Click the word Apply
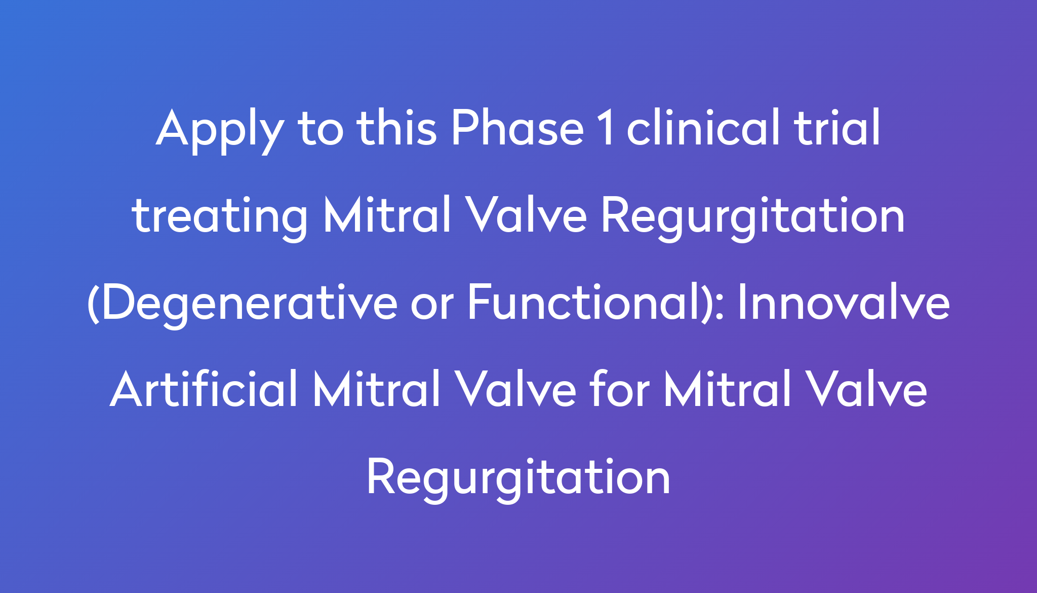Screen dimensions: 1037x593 (219, 130)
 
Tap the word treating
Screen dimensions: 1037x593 (220, 217)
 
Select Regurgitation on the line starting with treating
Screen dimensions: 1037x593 (753, 217)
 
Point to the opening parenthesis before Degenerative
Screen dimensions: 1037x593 (93, 304)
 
